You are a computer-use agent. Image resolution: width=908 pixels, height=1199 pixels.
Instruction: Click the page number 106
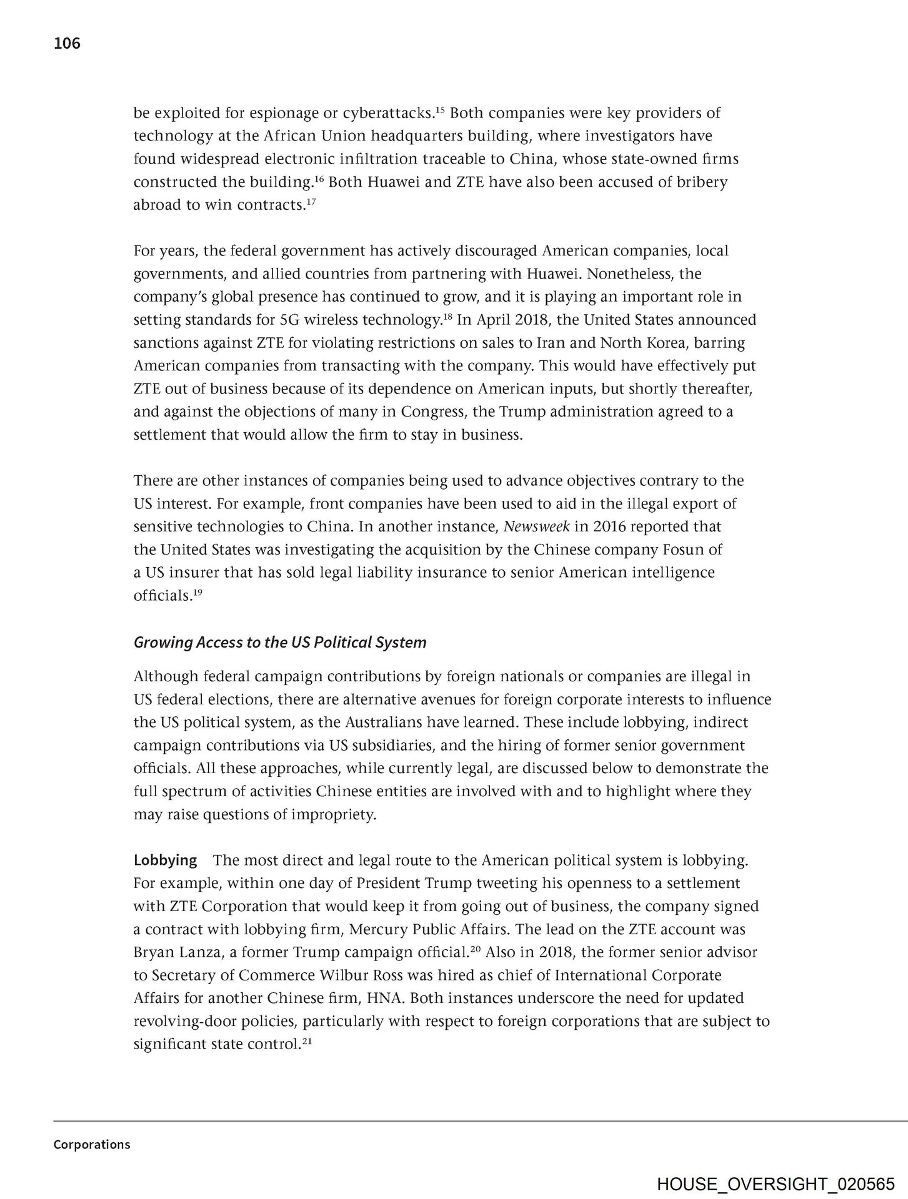pos(67,43)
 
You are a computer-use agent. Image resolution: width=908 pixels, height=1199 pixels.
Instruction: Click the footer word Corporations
pos(92,1144)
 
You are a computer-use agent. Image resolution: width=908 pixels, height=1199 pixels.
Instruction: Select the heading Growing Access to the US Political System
pos(280,643)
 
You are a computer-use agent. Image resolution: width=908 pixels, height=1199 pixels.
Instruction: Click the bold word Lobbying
pos(166,860)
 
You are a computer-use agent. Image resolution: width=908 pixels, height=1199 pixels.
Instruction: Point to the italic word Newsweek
pos(536,526)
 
